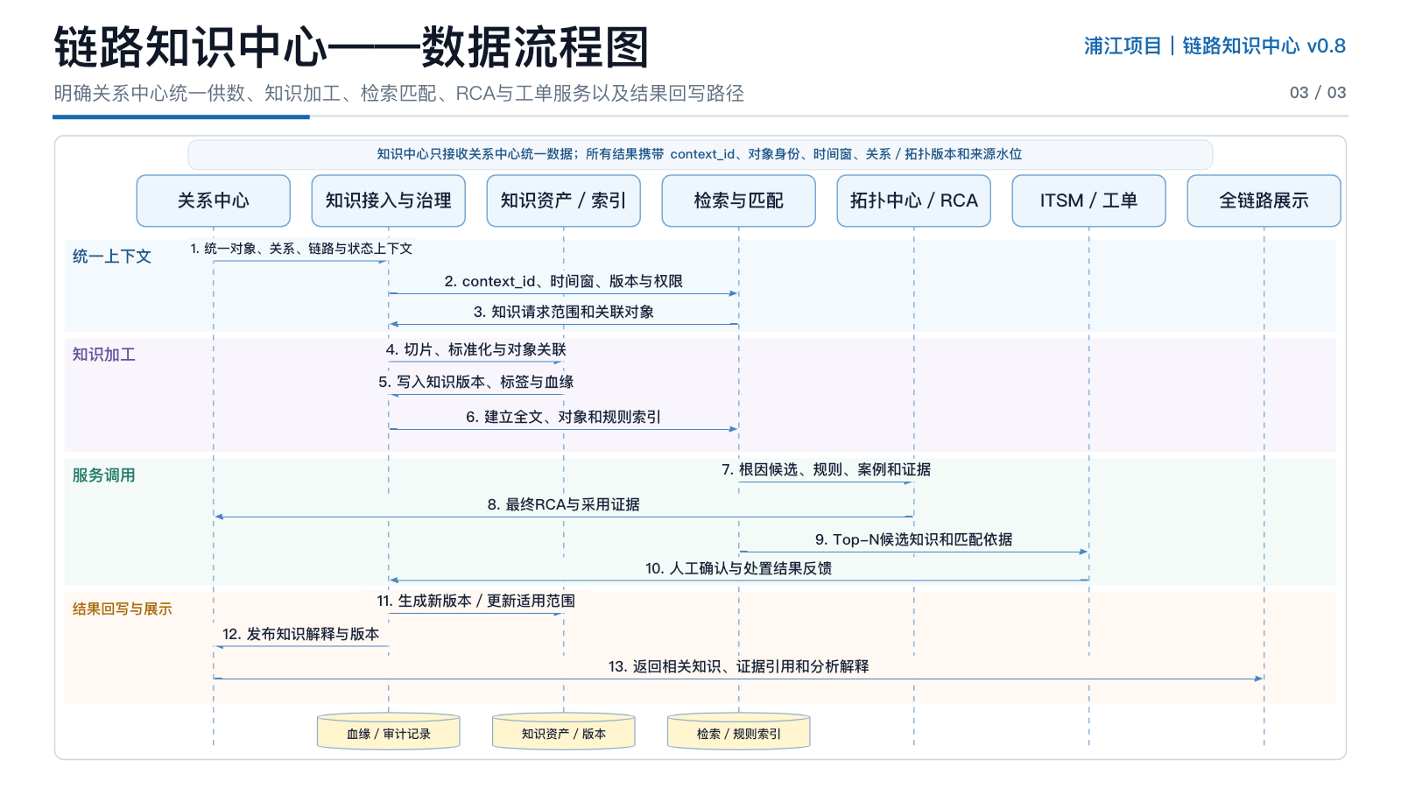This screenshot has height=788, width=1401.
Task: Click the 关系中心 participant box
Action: (x=214, y=201)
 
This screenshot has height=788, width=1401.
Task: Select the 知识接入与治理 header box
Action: (x=389, y=201)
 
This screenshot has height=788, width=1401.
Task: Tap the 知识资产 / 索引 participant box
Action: (x=564, y=201)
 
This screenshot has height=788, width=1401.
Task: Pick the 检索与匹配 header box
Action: (x=739, y=201)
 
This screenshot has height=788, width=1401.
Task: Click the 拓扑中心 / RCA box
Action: (x=914, y=201)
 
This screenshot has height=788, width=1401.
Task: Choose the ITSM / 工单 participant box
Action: (x=1089, y=201)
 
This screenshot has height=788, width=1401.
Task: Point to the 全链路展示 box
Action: (x=1264, y=201)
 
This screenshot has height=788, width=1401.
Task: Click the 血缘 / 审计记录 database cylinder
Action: (x=389, y=731)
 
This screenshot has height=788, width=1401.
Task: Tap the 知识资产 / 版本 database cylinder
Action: (x=564, y=731)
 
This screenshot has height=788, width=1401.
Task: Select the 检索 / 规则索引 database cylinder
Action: (x=739, y=731)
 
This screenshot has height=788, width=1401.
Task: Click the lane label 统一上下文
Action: (x=112, y=257)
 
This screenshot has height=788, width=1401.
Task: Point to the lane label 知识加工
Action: (x=104, y=355)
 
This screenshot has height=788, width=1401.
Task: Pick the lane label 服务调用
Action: (x=104, y=475)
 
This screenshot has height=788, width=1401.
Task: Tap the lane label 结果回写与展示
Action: (x=122, y=609)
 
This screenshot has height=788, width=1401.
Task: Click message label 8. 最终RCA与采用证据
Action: (x=564, y=504)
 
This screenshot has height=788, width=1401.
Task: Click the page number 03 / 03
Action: (x=1318, y=93)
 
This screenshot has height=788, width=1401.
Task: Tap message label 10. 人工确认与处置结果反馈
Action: (x=739, y=568)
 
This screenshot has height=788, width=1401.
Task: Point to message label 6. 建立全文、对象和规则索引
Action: (x=564, y=417)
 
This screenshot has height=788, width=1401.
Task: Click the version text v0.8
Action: (x=1327, y=46)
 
